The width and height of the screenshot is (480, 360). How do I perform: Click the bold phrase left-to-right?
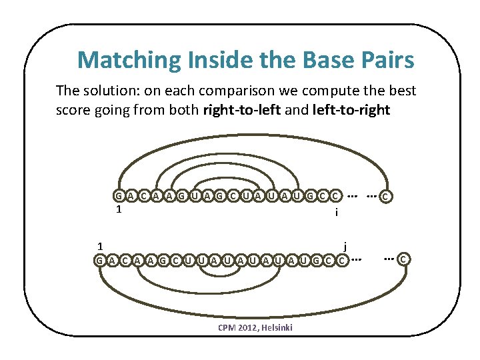[351, 110]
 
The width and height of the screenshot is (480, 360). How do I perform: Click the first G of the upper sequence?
[118, 196]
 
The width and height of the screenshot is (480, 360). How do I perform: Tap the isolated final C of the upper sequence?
[386, 197]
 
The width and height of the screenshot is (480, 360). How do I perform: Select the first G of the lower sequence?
[99, 259]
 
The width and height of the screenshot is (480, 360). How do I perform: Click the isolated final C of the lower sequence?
[404, 259]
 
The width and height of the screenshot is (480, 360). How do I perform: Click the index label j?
[345, 245]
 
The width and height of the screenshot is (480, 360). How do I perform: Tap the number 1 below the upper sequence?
[118, 210]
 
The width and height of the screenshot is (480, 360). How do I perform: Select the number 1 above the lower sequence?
[99, 245]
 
